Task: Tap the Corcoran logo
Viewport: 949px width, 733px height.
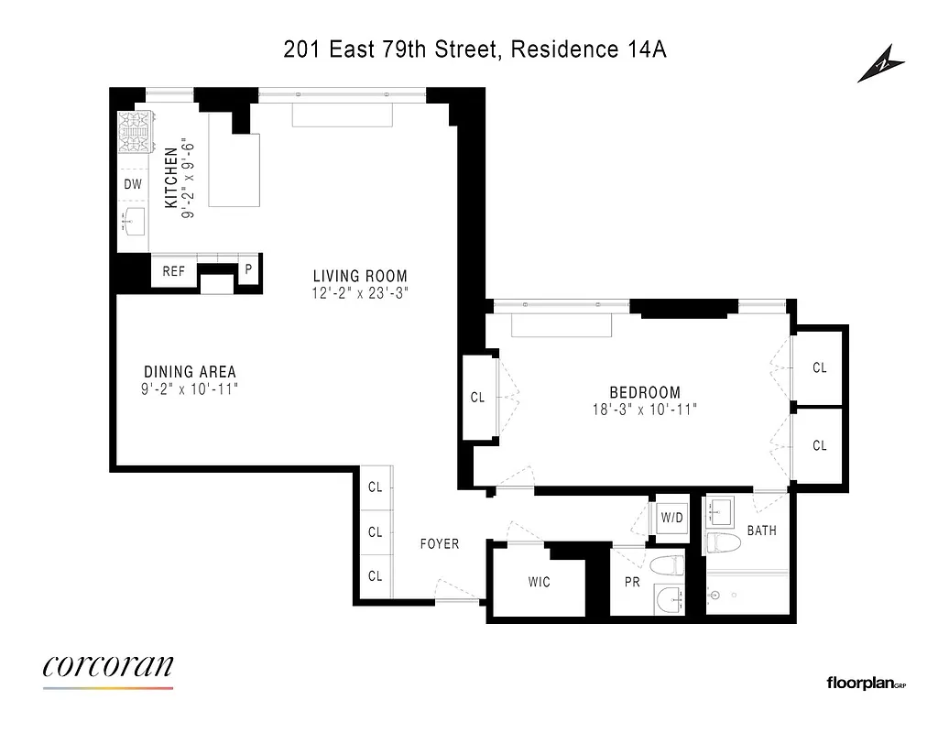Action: pos(108,668)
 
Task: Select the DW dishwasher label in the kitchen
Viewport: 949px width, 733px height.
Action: pos(133,184)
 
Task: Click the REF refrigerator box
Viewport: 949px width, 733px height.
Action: pos(174,271)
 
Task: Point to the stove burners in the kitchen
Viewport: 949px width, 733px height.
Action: pos(134,135)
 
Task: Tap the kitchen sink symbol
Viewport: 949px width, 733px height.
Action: pos(134,222)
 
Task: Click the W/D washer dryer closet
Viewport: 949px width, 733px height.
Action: pos(672,518)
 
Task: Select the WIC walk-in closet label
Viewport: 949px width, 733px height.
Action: pos(540,582)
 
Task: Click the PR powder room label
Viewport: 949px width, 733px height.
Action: pos(631,582)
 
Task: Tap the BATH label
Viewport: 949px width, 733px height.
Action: pos(761,530)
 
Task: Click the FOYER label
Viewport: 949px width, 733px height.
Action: pos(440,543)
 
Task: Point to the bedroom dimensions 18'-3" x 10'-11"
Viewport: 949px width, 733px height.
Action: pos(645,410)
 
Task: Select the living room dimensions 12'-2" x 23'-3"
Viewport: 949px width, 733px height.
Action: pos(360,293)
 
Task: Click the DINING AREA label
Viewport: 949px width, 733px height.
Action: pos(190,371)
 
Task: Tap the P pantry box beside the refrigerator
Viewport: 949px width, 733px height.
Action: pos(247,271)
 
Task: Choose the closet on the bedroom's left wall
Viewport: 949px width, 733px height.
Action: pos(478,398)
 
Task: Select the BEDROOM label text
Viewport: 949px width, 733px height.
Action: pos(646,392)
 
